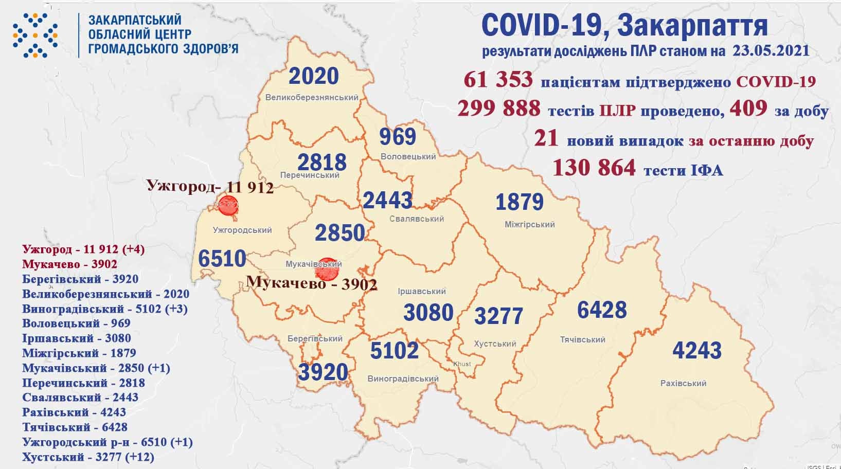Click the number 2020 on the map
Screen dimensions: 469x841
[x=314, y=76]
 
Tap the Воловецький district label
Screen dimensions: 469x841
[x=408, y=156]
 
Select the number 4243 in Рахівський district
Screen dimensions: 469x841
[x=697, y=351]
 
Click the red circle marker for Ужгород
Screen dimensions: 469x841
[x=227, y=206]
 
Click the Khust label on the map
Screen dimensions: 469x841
[x=461, y=364]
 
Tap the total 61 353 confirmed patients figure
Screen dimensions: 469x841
[x=498, y=80]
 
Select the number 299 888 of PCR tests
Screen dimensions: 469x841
[x=499, y=109]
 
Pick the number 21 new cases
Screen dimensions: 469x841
[x=546, y=139]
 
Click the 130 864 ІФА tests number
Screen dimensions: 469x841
[x=594, y=168]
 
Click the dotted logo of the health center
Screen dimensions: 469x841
[x=35, y=34]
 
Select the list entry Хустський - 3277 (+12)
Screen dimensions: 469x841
[x=88, y=457]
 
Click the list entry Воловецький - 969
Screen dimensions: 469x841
[x=76, y=323]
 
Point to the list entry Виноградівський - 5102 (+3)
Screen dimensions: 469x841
[x=104, y=309]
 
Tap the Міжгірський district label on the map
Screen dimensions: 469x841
[x=529, y=224]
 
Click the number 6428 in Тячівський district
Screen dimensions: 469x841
[x=602, y=310]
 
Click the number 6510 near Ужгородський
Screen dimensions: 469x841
[x=222, y=258]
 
